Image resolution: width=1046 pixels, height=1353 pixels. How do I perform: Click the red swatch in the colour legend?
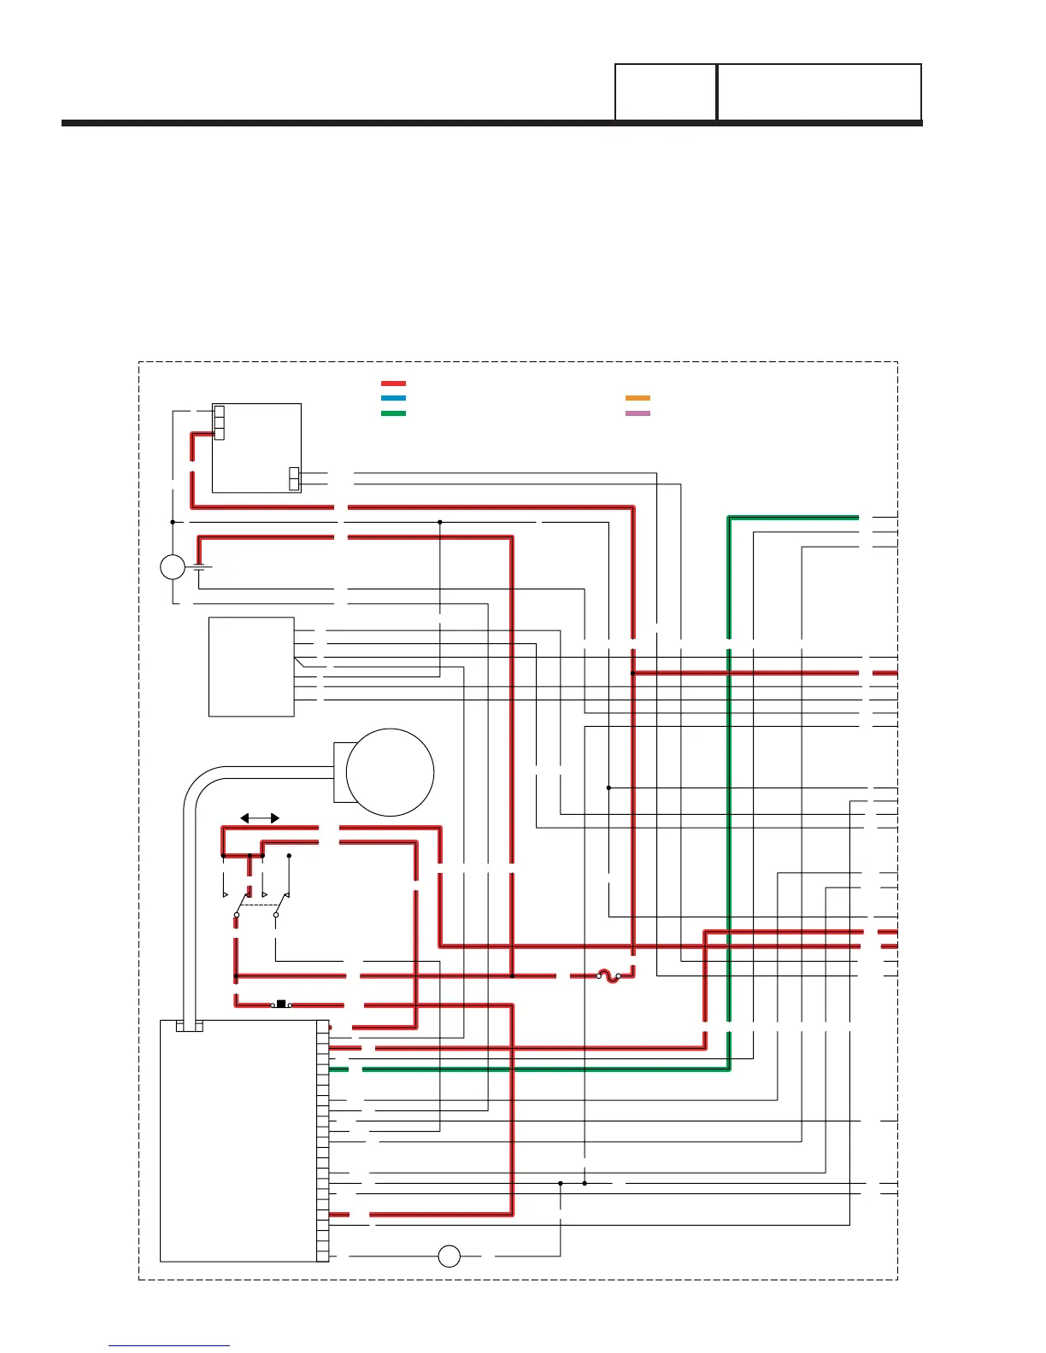(393, 384)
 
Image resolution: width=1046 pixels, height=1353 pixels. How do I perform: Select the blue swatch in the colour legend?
(393, 398)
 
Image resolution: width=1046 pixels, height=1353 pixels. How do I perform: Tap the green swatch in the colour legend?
(393, 413)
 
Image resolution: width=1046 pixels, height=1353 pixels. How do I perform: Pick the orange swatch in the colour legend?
(638, 398)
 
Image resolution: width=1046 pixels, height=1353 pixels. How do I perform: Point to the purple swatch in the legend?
(638, 413)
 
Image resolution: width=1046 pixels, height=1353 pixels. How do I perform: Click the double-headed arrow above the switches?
(260, 818)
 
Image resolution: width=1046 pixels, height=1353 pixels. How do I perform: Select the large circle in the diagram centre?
(390, 772)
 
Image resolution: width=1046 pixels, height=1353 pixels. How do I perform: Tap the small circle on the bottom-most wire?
(449, 1256)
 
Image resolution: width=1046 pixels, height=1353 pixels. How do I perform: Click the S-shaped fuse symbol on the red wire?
(608, 975)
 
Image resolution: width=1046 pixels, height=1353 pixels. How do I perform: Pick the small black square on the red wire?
(281, 1004)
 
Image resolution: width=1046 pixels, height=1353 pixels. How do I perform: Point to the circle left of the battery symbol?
(173, 566)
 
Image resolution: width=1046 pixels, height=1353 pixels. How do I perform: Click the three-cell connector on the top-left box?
(219, 423)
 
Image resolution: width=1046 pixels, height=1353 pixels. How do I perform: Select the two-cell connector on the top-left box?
(294, 479)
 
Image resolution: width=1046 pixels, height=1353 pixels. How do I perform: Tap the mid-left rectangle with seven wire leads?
(251, 667)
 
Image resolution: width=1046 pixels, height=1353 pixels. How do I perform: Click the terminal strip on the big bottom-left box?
(323, 1140)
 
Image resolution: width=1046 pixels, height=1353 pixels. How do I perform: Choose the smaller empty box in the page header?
(666, 91)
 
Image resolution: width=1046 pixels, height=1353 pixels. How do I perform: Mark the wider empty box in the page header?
(819, 91)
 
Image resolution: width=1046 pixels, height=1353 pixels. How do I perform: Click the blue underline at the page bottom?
(169, 1346)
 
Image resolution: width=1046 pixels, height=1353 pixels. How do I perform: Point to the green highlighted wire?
(729, 769)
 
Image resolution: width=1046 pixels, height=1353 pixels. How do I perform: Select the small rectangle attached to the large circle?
(340, 772)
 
